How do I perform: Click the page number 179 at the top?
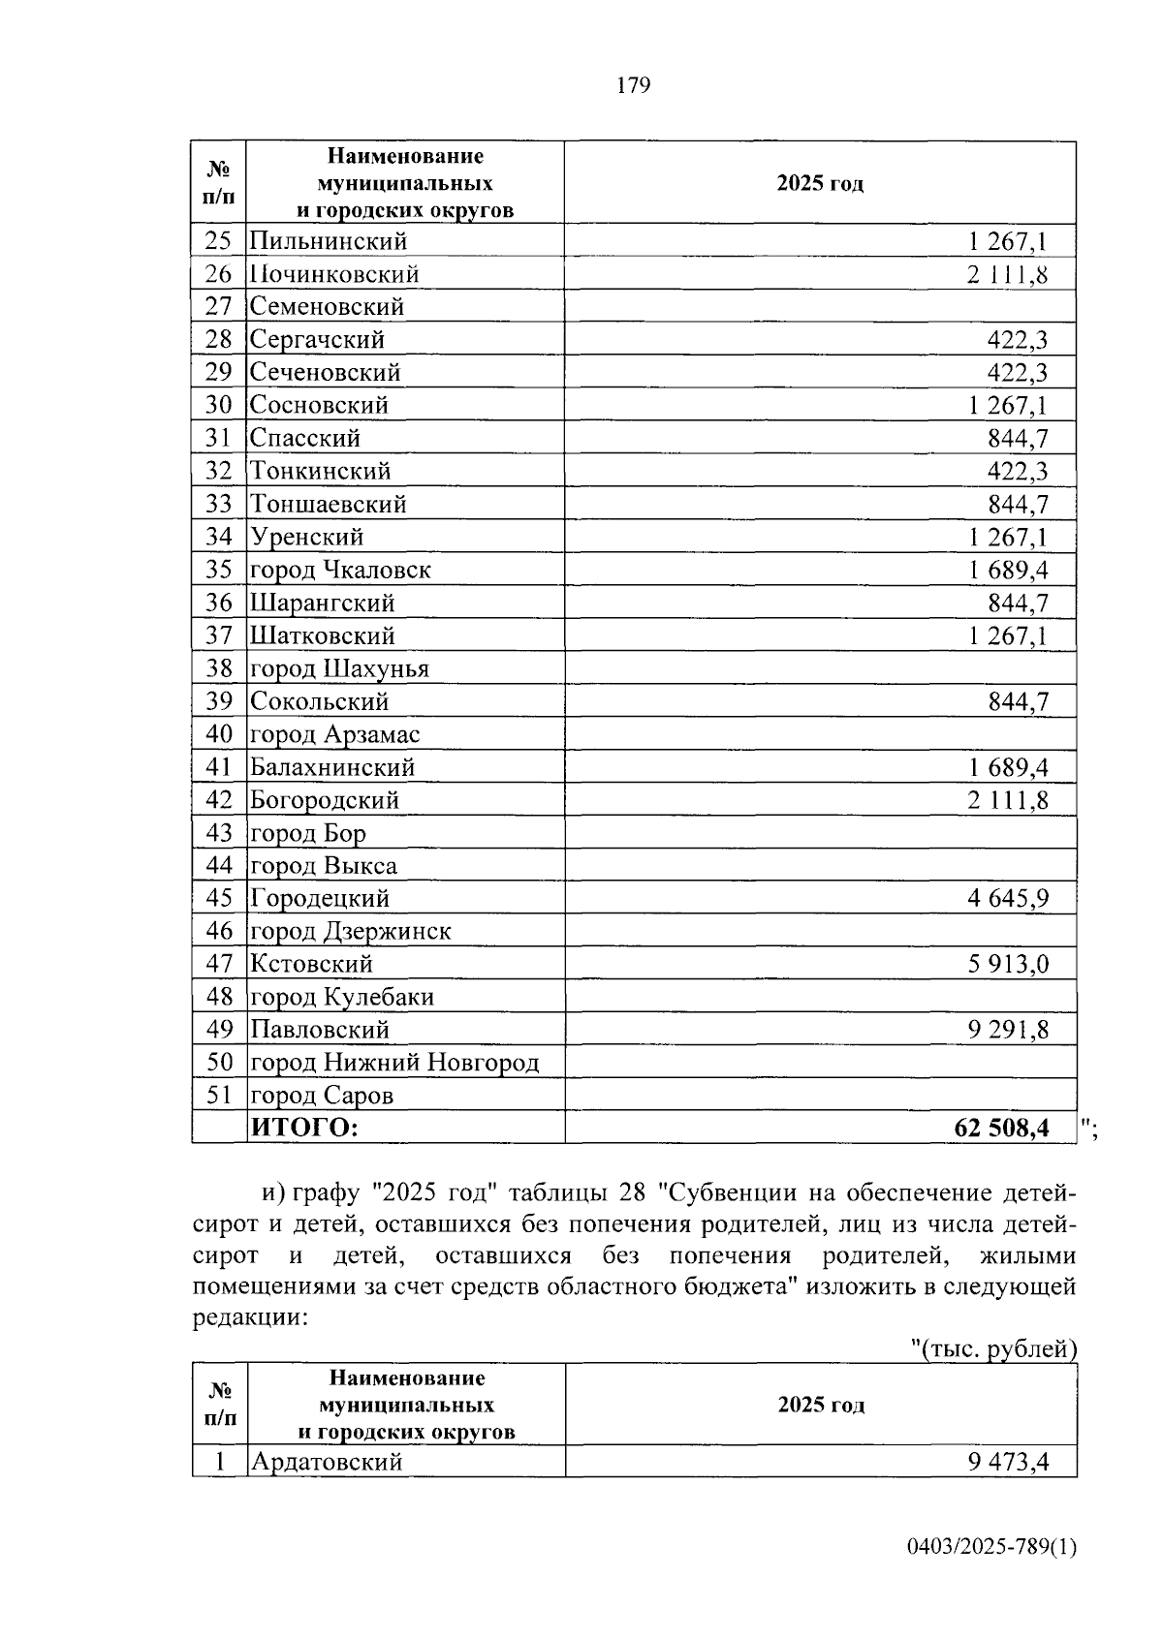point(633,85)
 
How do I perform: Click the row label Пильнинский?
point(329,241)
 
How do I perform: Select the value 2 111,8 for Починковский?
point(1007,274)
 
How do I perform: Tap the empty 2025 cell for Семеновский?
point(820,307)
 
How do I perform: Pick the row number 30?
point(219,405)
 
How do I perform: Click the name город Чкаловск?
point(340,570)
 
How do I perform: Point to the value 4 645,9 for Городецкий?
point(1008,898)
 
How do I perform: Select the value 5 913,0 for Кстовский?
point(1008,964)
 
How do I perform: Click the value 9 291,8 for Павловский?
point(1008,1030)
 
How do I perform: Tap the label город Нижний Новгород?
point(394,1063)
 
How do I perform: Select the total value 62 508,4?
point(1002,1128)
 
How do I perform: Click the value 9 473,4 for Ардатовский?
point(1008,1462)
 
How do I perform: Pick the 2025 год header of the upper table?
point(820,184)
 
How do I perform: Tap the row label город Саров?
point(322,1096)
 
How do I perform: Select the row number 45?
point(219,898)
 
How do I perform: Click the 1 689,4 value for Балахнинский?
point(1008,767)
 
